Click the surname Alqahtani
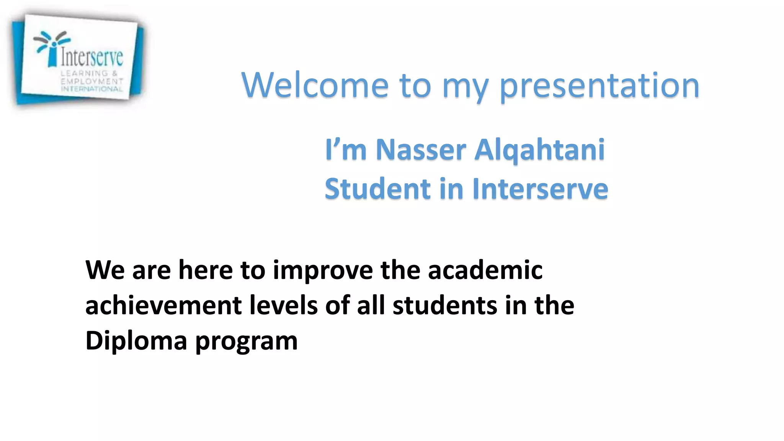coord(539,150)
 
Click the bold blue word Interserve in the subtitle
coord(540,189)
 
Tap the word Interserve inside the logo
coord(92,57)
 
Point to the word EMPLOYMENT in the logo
coord(92,81)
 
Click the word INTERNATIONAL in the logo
coord(92,89)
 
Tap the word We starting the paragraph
coord(105,270)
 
